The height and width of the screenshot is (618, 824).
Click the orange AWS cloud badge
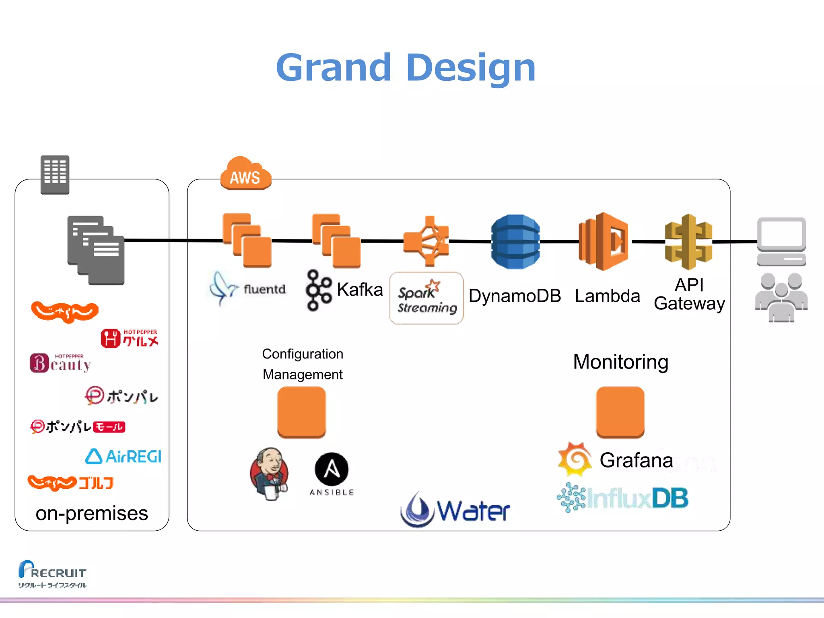pos(245,174)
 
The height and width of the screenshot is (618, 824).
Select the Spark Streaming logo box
pos(426,298)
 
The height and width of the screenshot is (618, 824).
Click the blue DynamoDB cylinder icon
pos(515,241)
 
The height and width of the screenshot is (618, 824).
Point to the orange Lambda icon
pos(603,241)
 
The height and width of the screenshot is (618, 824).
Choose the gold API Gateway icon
pos(688,241)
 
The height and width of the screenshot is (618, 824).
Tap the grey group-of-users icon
pos(781,298)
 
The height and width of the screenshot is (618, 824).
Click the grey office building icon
pos(55,175)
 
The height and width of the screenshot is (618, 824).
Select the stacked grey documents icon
pos(96,250)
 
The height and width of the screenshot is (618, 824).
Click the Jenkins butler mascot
pos(269,474)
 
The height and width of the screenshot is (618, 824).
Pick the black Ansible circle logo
pos(332,469)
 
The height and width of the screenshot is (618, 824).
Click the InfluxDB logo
pos(622,498)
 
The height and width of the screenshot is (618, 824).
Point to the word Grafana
pos(636,460)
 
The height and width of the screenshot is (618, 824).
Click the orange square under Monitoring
pos(620,412)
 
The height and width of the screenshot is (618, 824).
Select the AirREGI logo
pos(123,457)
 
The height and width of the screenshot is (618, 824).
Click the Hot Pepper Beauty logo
pos(60,363)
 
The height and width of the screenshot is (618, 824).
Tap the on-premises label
pos(92,513)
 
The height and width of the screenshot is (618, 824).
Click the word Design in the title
pos(471,67)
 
